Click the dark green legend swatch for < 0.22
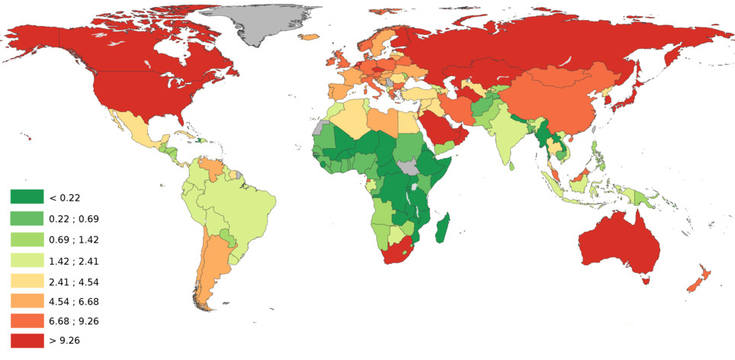pos(27,198)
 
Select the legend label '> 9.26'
pos(65,342)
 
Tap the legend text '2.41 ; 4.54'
pos(74,280)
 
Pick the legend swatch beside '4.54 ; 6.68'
pos(27,301)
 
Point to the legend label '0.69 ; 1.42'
pos(74,239)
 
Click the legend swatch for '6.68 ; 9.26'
pos(27,321)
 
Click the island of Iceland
pos(310,37)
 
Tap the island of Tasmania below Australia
pos(647,281)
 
